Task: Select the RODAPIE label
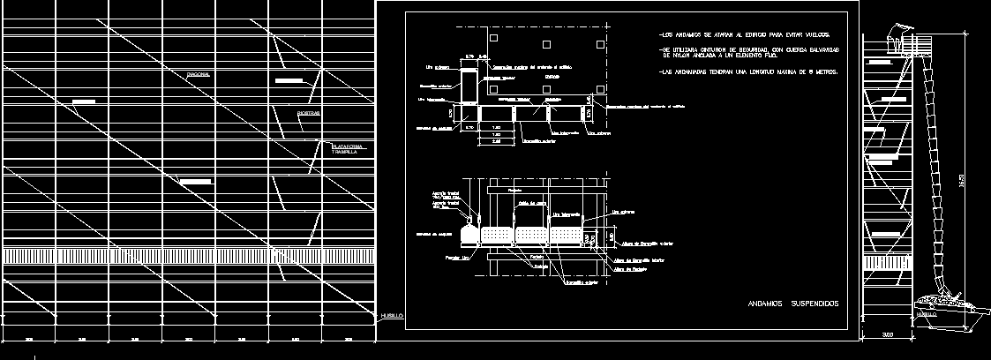pyautogui.click(x=309, y=114)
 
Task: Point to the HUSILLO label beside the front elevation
pyautogui.click(x=392, y=315)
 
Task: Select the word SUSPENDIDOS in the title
pyautogui.click(x=815, y=304)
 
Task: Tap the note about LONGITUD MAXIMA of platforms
pyautogui.click(x=748, y=71)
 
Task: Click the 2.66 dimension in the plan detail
pyautogui.click(x=496, y=140)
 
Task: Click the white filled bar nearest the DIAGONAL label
pyautogui.click(x=289, y=80)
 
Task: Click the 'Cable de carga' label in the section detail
pyautogui.click(x=529, y=203)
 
